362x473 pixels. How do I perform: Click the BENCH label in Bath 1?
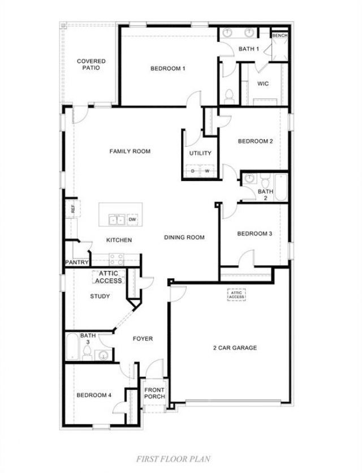279,36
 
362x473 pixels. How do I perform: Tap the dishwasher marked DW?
132,220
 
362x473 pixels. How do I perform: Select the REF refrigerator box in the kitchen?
73,208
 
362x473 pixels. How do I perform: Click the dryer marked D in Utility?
193,171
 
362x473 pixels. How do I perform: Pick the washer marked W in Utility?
207,171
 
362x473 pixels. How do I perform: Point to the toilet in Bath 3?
87,353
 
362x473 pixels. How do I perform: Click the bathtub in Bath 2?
281,187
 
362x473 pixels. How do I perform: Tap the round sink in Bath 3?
103,355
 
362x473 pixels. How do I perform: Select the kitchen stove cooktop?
117,259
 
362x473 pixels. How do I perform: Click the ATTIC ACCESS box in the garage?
236,295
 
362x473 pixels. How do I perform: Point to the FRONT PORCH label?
154,393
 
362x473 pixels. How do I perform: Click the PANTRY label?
77,263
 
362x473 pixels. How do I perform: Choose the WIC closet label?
263,84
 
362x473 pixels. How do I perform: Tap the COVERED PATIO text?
91,64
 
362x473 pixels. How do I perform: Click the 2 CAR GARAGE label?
235,348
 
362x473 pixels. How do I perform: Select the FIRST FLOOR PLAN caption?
174,459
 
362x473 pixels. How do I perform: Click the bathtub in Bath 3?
72,346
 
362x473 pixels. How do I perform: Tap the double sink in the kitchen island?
117,220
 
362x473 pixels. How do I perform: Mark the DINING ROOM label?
184,238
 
